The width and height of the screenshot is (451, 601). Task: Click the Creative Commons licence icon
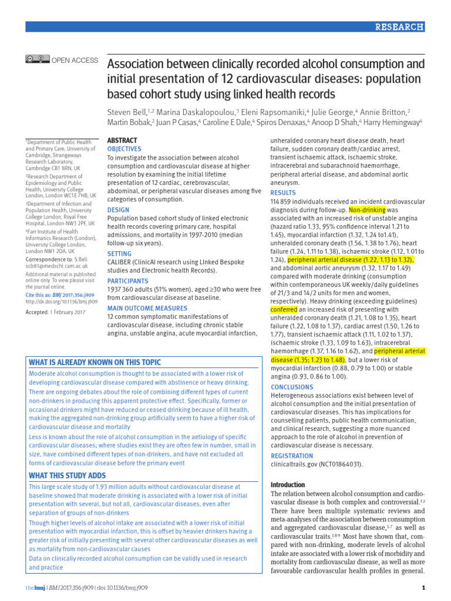(x=37, y=59)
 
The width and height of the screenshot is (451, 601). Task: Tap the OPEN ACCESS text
(x=75, y=60)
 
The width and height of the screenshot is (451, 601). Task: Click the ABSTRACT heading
(x=122, y=141)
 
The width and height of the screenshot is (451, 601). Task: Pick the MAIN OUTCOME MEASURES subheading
(x=147, y=308)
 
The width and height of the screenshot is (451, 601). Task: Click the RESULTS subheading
(x=283, y=193)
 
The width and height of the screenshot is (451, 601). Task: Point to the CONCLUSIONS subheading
(x=292, y=387)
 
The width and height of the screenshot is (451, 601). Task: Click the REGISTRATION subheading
(x=291, y=456)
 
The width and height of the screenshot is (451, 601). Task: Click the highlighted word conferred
(x=284, y=309)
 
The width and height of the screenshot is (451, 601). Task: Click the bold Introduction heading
(x=287, y=485)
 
